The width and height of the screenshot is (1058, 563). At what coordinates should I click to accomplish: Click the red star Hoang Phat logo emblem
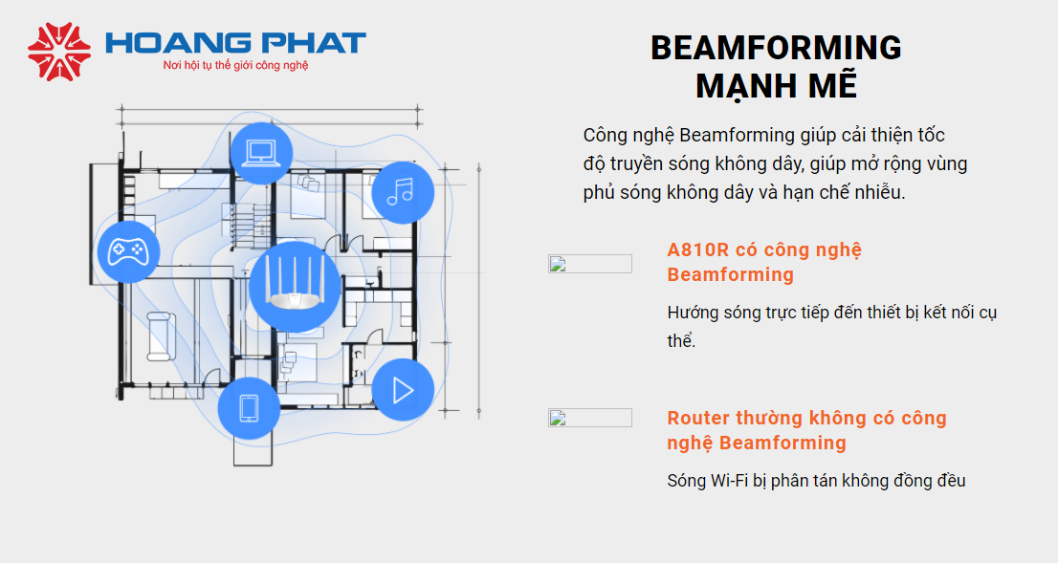(x=59, y=52)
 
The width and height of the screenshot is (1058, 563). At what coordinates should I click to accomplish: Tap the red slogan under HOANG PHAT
(x=235, y=65)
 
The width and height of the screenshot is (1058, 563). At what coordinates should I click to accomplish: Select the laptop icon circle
(x=261, y=153)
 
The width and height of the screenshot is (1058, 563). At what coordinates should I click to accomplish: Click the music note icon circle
(x=403, y=193)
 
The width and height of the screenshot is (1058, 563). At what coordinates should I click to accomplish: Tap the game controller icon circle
(x=129, y=251)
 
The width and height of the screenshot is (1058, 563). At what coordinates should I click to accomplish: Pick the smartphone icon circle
(x=249, y=408)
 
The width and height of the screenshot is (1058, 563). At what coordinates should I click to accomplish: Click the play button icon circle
(x=403, y=390)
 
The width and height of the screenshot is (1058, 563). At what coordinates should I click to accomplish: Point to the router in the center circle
(x=295, y=285)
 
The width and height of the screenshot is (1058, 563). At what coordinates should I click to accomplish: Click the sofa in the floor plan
(x=162, y=336)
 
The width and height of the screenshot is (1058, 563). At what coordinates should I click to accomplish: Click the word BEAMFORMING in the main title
(x=776, y=48)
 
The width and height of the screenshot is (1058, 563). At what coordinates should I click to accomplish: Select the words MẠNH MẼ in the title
(x=776, y=86)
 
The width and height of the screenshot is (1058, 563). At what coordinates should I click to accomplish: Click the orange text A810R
(x=698, y=250)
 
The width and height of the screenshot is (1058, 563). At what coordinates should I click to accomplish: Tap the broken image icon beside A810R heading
(x=589, y=264)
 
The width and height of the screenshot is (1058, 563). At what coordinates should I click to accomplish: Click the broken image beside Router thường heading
(x=589, y=418)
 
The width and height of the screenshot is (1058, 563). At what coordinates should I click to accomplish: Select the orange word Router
(x=698, y=418)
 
